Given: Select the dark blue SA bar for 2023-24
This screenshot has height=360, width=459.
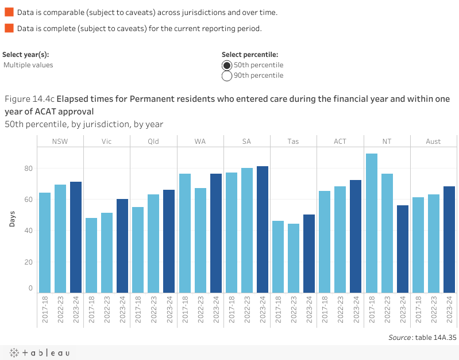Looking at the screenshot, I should click(x=263, y=229).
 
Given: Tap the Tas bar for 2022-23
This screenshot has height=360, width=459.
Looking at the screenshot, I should click(x=294, y=258).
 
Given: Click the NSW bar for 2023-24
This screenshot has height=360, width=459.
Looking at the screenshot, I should click(x=76, y=237).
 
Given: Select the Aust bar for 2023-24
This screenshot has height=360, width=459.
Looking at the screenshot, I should click(x=449, y=239).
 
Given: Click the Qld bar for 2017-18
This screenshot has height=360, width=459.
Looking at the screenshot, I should click(x=138, y=250).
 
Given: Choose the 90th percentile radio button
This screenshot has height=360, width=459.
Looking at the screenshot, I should click(x=227, y=75).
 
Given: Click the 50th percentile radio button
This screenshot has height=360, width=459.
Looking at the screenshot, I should click(x=227, y=65).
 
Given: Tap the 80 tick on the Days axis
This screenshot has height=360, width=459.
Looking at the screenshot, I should click(x=28, y=168).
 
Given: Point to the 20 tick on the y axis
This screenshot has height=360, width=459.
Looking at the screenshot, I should click(x=28, y=262).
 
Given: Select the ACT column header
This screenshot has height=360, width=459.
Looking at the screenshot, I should click(x=340, y=141).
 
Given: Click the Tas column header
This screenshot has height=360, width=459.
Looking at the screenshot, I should click(x=293, y=141).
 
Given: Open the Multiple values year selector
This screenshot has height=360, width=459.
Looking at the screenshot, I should click(x=28, y=65).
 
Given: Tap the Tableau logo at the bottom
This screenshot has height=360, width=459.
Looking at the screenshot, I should click(x=38, y=353).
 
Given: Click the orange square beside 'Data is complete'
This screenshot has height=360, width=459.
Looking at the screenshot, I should click(x=9, y=28).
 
